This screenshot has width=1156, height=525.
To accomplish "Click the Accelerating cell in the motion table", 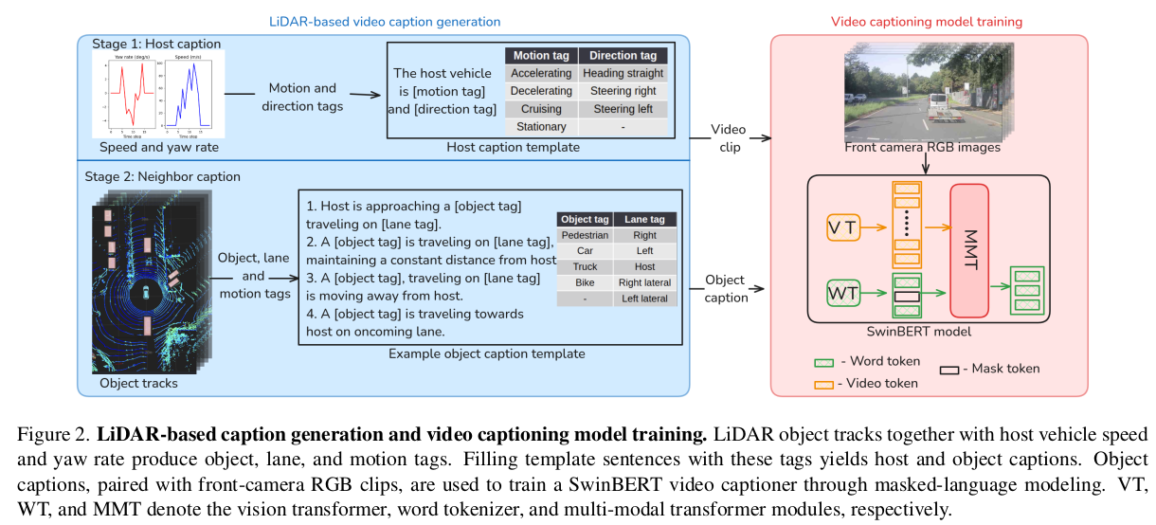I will (x=540, y=73).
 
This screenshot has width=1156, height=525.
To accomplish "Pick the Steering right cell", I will (x=623, y=91).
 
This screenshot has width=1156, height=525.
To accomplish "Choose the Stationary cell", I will (x=540, y=127).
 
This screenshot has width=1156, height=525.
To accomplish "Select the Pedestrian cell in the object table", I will (x=585, y=235).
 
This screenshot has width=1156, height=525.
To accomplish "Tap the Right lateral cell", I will (x=644, y=282).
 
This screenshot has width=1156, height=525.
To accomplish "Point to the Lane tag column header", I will (x=644, y=219).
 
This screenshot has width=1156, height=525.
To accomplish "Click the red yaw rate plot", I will (x=127, y=95).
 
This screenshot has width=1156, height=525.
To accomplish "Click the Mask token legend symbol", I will (x=950, y=369).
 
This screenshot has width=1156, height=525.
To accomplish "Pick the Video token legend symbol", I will (x=823, y=384).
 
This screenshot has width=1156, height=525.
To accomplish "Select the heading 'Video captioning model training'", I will (x=926, y=21).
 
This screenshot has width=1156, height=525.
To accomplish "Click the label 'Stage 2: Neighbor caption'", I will (x=166, y=176).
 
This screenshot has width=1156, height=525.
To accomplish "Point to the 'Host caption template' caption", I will (x=513, y=147).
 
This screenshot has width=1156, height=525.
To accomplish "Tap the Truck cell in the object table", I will (x=585, y=266).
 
